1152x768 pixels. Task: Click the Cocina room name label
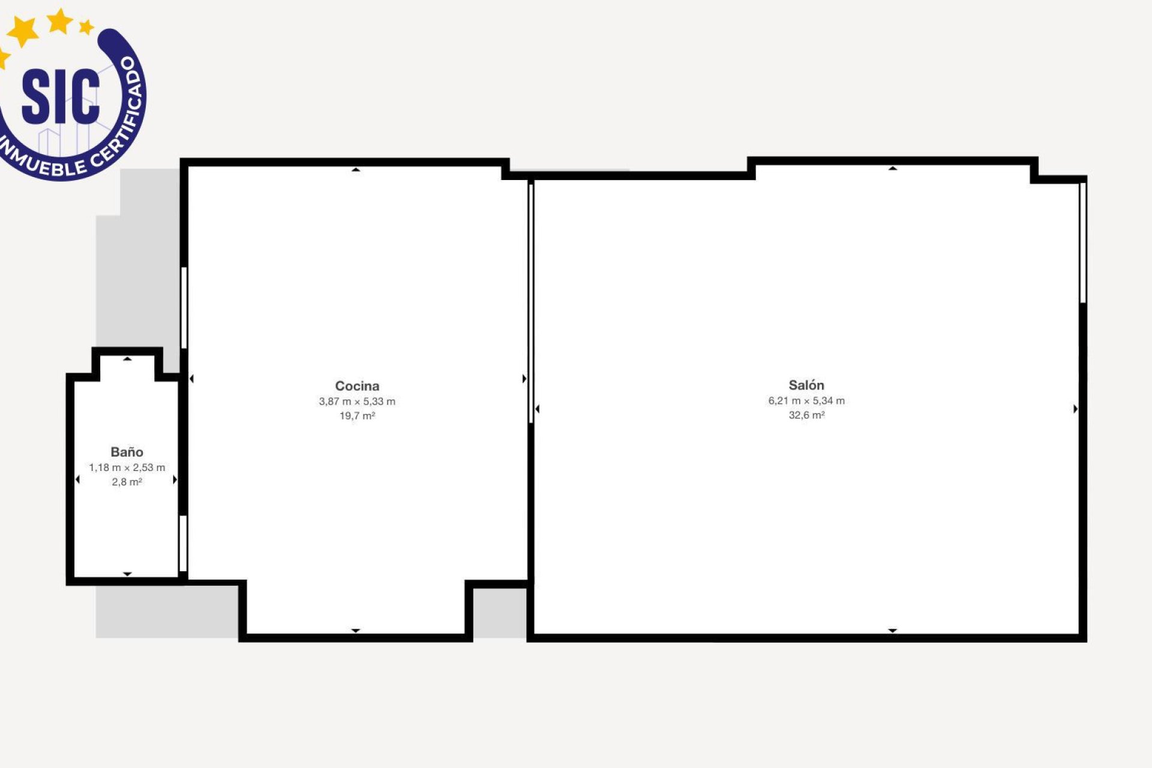coord(357,386)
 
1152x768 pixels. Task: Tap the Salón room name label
coord(806,385)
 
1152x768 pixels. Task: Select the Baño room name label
coord(127,452)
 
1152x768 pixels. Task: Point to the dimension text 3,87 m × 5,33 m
coord(357,401)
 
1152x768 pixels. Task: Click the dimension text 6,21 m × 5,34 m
coord(806,401)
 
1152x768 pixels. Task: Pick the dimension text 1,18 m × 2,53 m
coord(127,467)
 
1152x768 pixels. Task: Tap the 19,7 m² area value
coord(357,416)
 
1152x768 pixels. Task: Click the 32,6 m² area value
coord(806,415)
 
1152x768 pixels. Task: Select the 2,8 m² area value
coord(127,482)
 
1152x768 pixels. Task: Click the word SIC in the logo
coord(61,96)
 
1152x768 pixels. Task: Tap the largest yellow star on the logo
coord(23,31)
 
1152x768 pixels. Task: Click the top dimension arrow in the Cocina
coord(356,170)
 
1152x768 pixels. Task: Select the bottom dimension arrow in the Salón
coord(893,631)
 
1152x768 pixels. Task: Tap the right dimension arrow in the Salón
coord(1075,409)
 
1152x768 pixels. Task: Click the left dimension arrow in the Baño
coord(77,479)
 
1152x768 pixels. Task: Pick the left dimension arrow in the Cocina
coord(191,379)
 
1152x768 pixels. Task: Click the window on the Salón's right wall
coord(1083,243)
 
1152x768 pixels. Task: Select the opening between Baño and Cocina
coord(183,544)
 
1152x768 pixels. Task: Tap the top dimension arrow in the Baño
coord(127,359)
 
